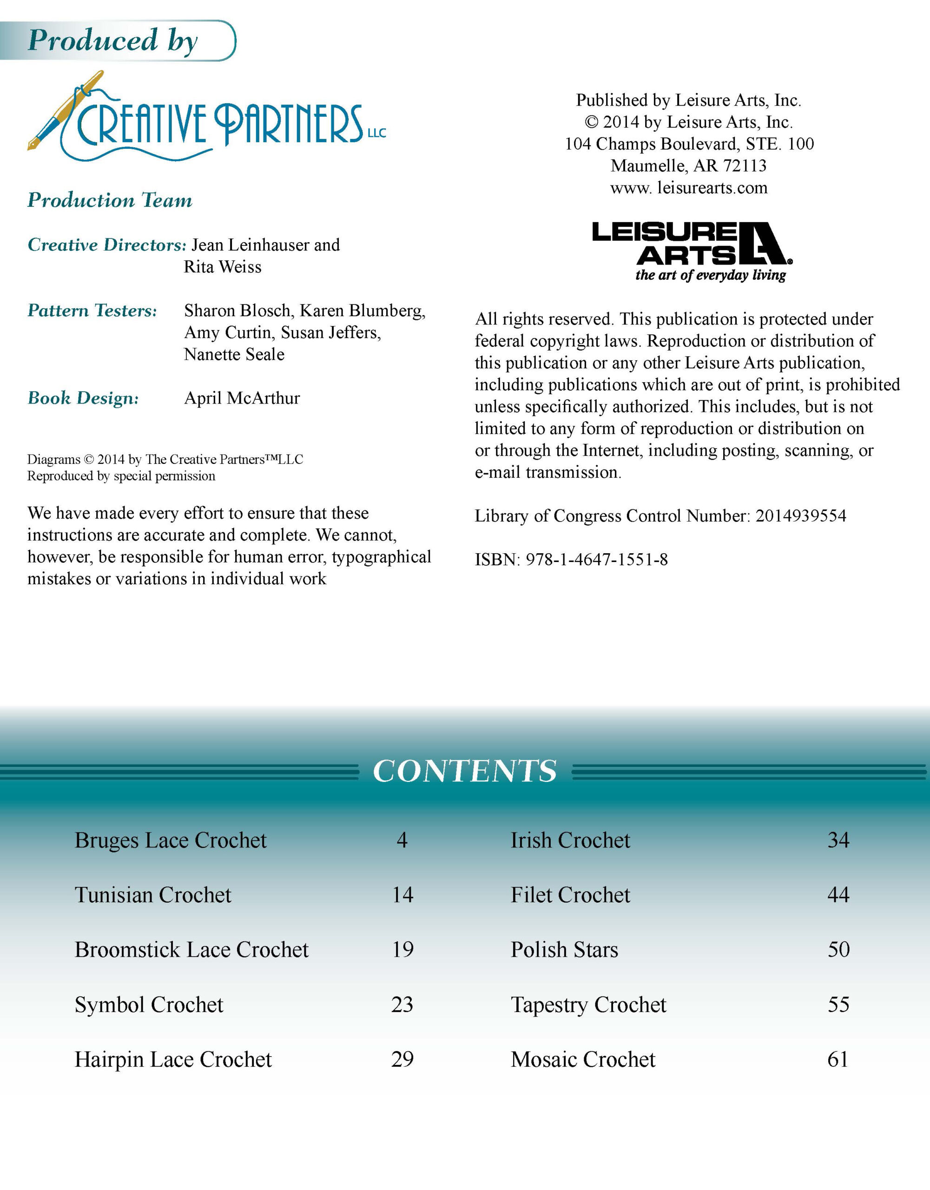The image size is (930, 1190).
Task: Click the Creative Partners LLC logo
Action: click(207, 120)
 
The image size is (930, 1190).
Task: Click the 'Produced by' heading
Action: click(113, 40)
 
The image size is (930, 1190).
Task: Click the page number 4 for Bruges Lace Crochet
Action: click(402, 840)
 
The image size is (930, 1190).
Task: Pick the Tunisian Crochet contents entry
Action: click(153, 895)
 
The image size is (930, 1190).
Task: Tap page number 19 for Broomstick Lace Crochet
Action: click(402, 950)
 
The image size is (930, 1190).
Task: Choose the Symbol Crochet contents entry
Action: click(149, 1004)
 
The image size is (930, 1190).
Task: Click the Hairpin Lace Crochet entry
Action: click(173, 1059)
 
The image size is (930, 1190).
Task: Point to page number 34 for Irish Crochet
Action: click(838, 840)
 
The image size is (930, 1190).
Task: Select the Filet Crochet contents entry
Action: click(570, 895)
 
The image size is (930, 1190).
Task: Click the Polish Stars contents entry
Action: click(564, 950)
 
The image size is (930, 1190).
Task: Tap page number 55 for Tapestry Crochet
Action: click(838, 1004)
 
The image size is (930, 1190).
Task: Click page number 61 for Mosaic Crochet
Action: click(838, 1059)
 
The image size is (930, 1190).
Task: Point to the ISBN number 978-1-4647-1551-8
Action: click(597, 560)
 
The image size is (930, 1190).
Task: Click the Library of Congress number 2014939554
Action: click(800, 516)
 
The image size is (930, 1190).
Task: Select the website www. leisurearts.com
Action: click(689, 187)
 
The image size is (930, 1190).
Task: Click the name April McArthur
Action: click(242, 398)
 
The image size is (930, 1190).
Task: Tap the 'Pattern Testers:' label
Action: click(92, 311)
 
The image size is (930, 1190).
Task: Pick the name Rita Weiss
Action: click(222, 267)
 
